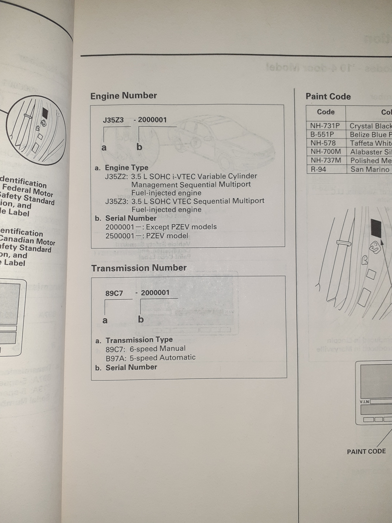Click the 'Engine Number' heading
tap(124, 96)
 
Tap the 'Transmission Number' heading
tap(139, 268)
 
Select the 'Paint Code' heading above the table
tap(328, 96)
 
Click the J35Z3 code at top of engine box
tap(113, 120)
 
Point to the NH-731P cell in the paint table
tap(325, 126)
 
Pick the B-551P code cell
tap(322, 135)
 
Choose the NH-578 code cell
tap(323, 143)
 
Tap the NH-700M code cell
tap(326, 152)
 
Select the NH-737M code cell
tap(326, 160)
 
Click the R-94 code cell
tap(318, 169)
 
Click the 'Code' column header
tap(326, 112)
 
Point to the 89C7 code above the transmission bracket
tap(114, 293)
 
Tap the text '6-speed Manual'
tap(158, 349)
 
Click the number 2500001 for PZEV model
tap(120, 236)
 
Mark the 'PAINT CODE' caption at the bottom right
tap(366, 451)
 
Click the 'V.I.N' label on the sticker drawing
tap(364, 402)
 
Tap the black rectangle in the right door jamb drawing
tap(376, 228)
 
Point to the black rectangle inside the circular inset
tap(45, 113)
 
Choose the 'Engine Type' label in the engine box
tap(127, 168)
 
